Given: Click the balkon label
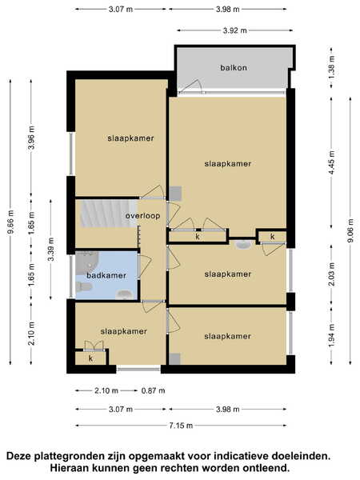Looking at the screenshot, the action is [234, 68].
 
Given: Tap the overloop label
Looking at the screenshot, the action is [142, 216].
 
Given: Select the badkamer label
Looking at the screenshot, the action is [106, 275].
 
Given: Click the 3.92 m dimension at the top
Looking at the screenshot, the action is [234, 30].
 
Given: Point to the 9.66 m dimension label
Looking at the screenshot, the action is [10, 222].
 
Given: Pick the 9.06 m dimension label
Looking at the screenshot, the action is [350, 230].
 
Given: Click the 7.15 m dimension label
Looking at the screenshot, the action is [181, 426].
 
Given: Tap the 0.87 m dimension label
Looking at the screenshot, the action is [153, 390].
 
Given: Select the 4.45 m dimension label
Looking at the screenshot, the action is [331, 162].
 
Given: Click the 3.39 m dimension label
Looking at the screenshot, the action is [51, 249].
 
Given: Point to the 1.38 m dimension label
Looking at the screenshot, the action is [331, 67].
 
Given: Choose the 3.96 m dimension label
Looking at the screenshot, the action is [31, 138].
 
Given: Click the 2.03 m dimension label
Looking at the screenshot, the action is [331, 274].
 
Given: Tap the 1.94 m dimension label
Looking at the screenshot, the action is [331, 335].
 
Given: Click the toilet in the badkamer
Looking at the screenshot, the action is [83, 287].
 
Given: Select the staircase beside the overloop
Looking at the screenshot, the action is [109, 214].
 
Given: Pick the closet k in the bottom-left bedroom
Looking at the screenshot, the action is [91, 358].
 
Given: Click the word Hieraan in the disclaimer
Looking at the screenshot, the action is [69, 468].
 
